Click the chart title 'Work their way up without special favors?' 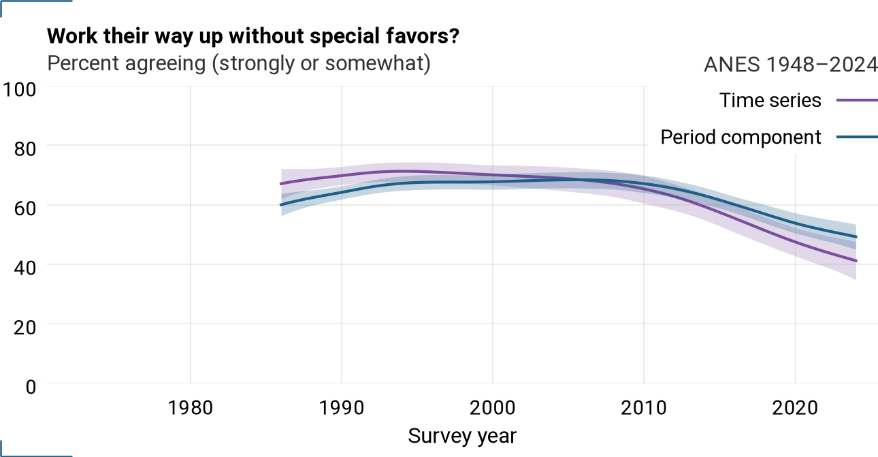(x=253, y=36)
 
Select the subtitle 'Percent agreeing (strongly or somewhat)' (x=239, y=63)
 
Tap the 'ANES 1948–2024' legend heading (x=791, y=64)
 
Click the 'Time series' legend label (x=770, y=100)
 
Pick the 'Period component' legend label (x=741, y=137)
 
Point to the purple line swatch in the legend (x=857, y=100)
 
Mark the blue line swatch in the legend (x=857, y=137)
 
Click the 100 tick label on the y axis (x=19, y=89)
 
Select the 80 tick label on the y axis (x=25, y=148)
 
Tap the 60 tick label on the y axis (x=25, y=208)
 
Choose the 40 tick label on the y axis (x=25, y=268)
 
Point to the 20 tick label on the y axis (x=25, y=327)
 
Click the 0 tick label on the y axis (x=31, y=387)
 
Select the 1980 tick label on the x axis (x=191, y=408)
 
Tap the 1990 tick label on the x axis (x=342, y=408)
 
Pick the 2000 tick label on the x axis (x=493, y=408)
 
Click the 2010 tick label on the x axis (x=644, y=408)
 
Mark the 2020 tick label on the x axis (x=795, y=408)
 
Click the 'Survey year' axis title (x=463, y=436)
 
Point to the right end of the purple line (x=856, y=261)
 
